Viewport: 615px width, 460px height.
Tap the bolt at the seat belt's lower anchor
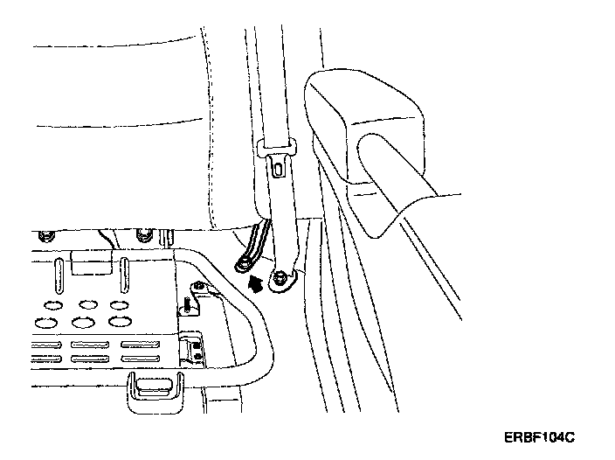click(x=280, y=281)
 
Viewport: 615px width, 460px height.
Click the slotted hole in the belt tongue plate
click(x=279, y=164)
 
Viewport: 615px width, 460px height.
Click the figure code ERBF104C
click(x=542, y=435)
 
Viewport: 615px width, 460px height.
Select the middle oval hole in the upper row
click(x=86, y=304)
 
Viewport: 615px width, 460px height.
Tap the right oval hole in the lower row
click(x=117, y=322)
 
